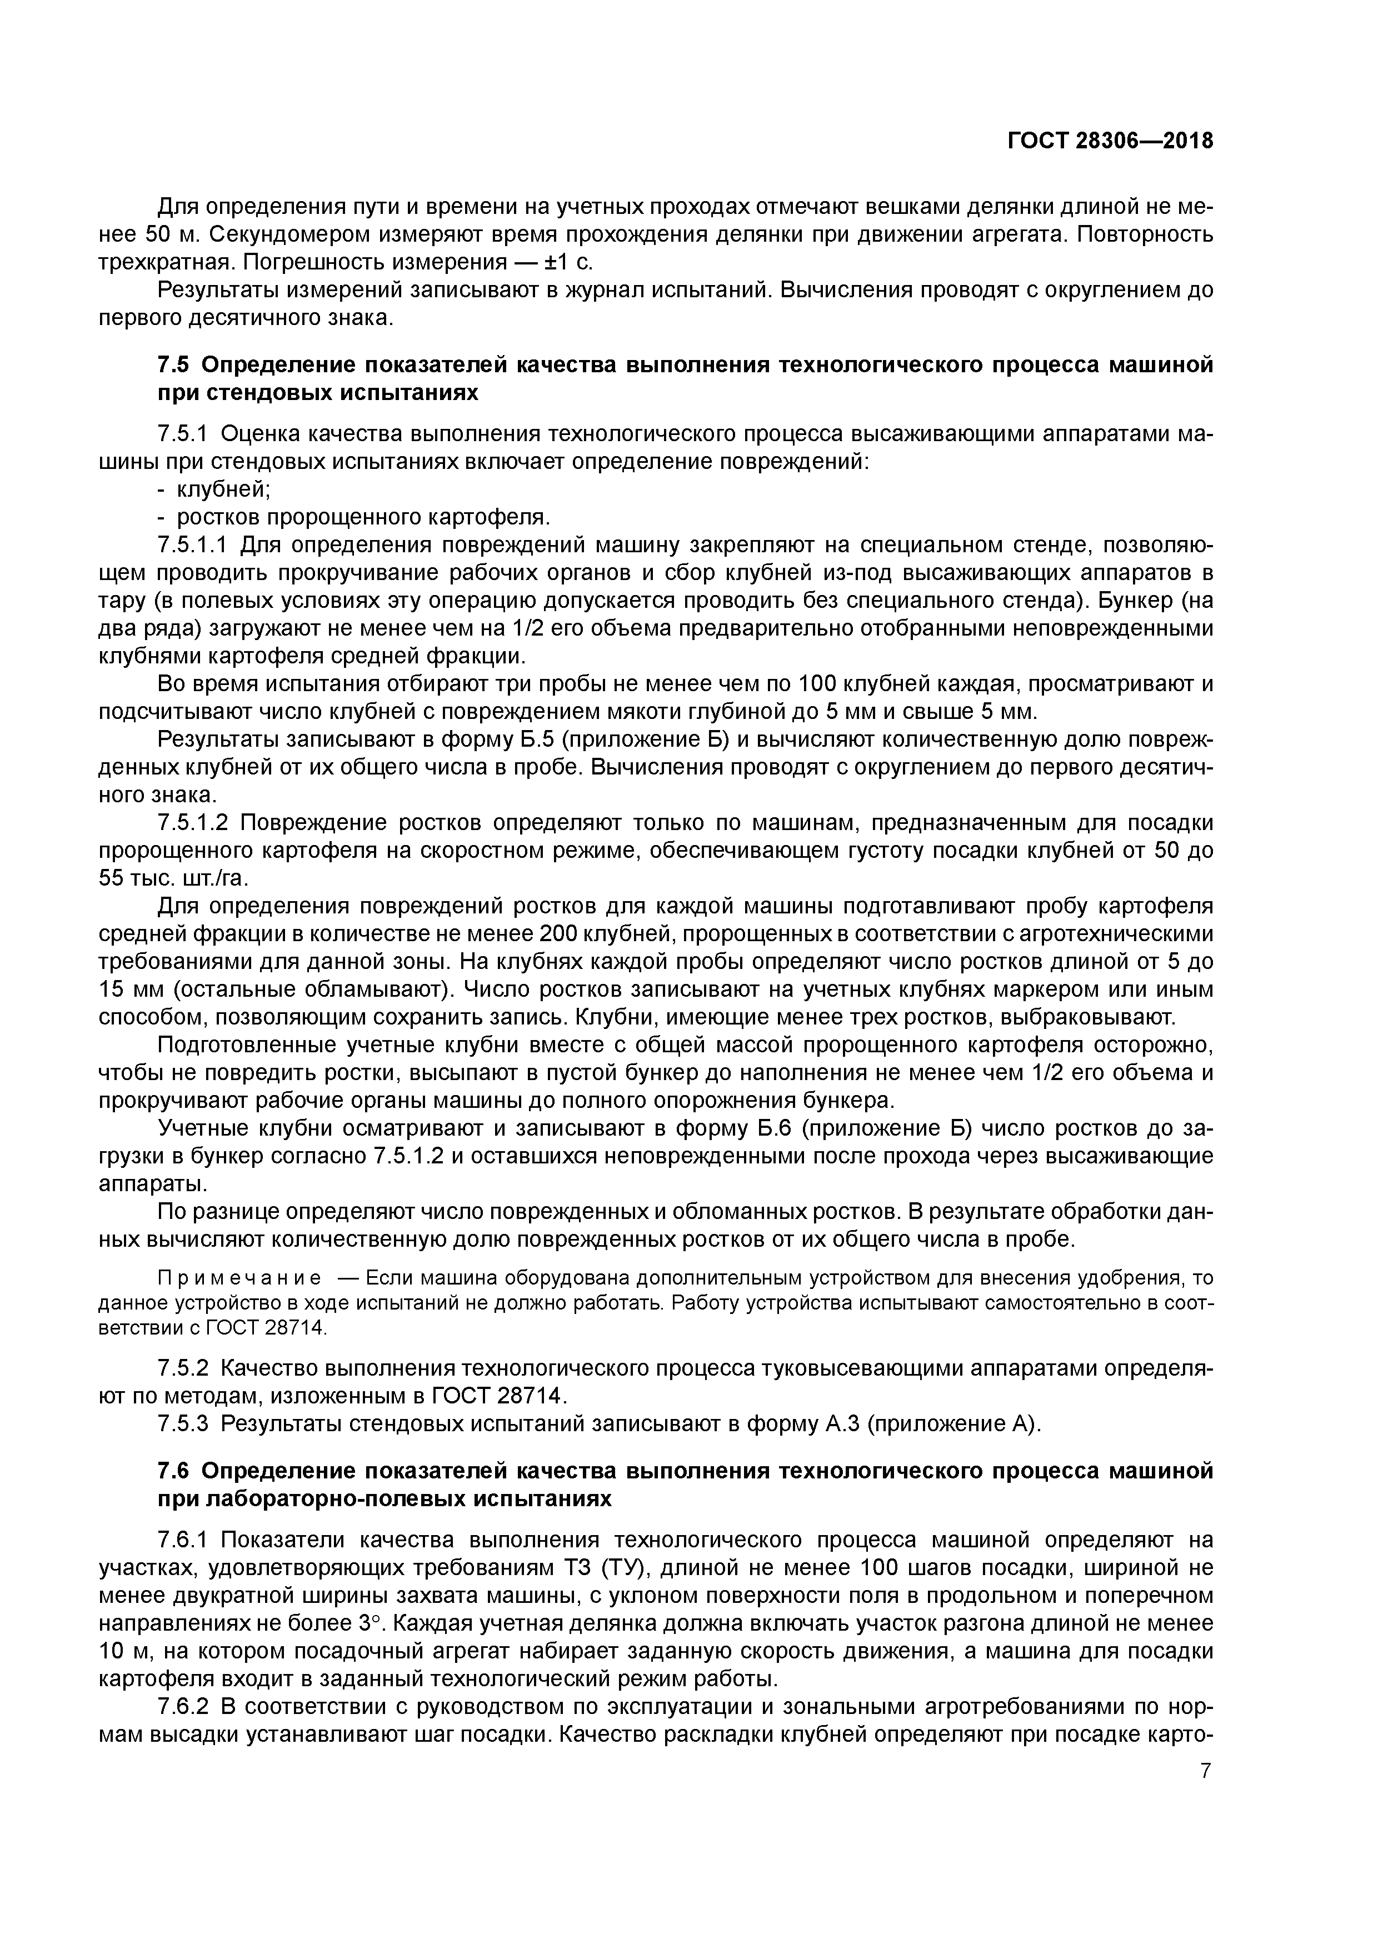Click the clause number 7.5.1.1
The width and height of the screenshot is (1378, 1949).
point(194,545)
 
